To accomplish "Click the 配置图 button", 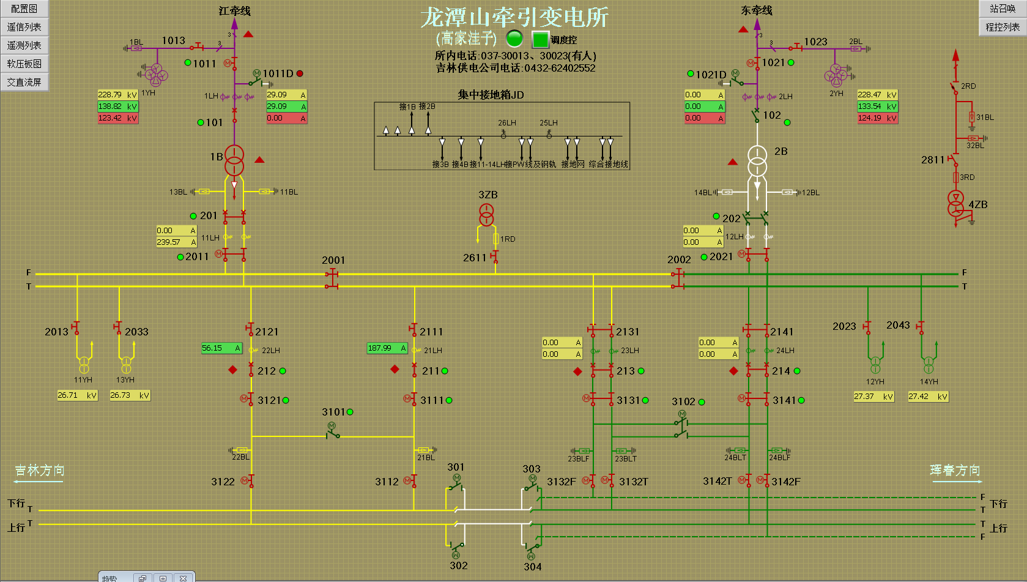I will tap(24, 9).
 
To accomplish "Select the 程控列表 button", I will tap(1002, 27).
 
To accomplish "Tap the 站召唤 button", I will tap(1002, 9).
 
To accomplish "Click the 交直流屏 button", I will tap(24, 82).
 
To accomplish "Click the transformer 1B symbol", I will tap(234, 160).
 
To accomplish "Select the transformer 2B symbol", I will tap(757, 160).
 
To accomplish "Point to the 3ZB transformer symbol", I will tap(486, 215).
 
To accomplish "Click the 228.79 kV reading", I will tap(117, 95).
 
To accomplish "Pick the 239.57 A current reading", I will tap(176, 242).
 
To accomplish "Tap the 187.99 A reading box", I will tap(387, 348).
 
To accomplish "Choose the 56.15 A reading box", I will tap(222, 348).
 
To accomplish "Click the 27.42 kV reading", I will tap(928, 397).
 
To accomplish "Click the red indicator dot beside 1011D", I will tap(300, 73).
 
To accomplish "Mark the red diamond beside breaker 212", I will tap(232, 370).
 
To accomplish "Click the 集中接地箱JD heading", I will tap(491, 95).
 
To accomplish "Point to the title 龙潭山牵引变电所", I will tap(514, 17).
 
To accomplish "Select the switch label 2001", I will tap(333, 260).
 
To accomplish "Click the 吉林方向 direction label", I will tap(40, 470).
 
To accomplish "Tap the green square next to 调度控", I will tap(540, 40).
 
